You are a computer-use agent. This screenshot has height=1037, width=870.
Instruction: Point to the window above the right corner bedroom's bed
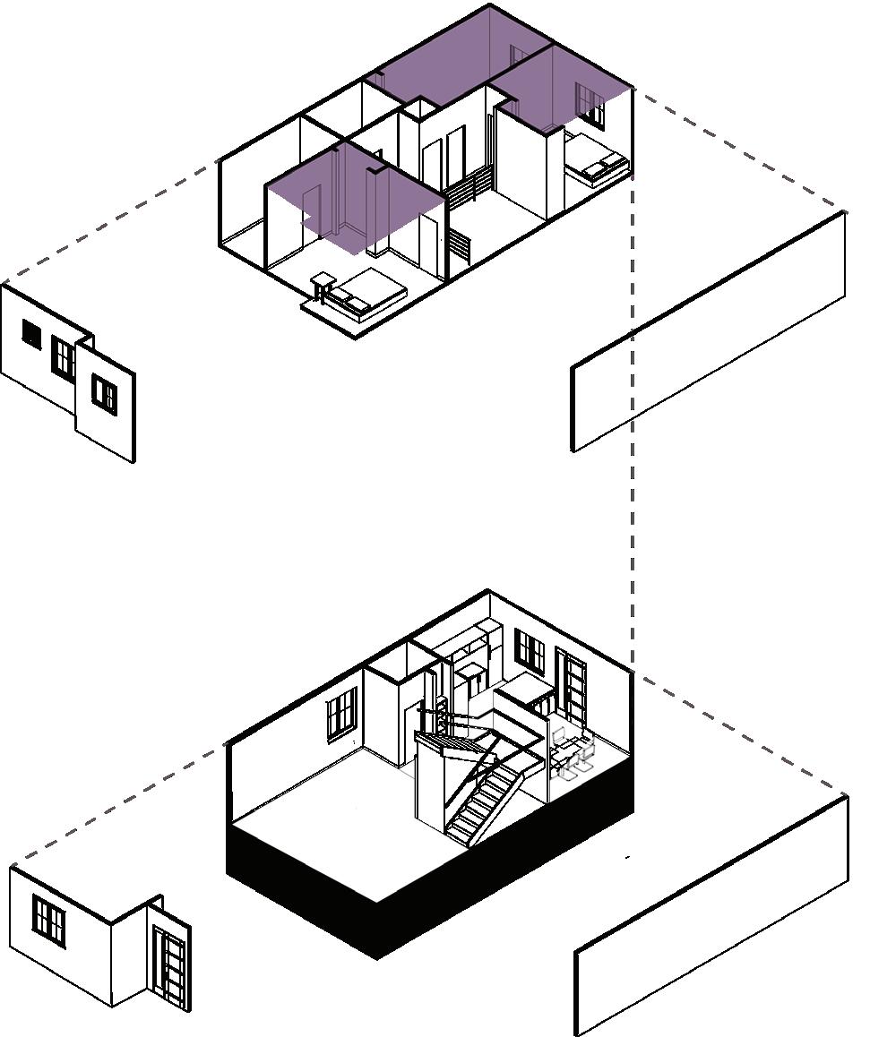click(x=589, y=106)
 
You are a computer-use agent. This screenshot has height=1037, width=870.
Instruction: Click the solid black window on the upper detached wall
click(x=31, y=335)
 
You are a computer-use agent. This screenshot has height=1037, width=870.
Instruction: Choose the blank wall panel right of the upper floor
click(x=708, y=331)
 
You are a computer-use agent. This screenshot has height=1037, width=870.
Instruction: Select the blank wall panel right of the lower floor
click(x=712, y=913)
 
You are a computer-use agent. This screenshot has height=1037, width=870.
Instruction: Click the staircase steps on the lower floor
click(x=484, y=801)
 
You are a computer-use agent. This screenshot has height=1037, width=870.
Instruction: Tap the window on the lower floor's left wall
click(x=340, y=715)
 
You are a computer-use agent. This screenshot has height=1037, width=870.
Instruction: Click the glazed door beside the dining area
click(x=571, y=685)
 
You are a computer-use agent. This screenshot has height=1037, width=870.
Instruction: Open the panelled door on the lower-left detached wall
click(x=170, y=967)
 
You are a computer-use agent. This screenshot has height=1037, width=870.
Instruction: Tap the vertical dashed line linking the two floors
click(x=633, y=403)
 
